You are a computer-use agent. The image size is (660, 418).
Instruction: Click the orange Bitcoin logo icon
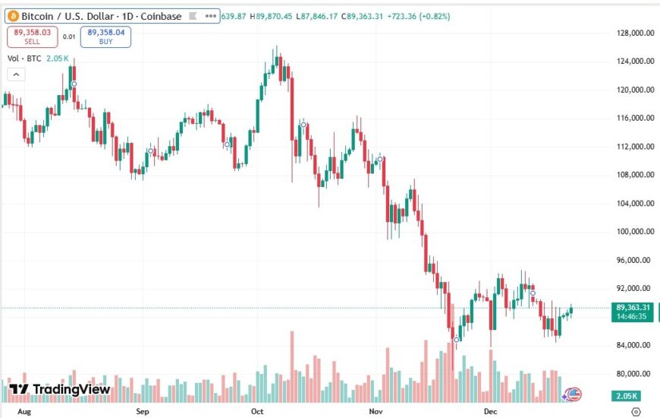coord(13,15)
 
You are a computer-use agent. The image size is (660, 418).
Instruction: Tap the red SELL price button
coord(32,36)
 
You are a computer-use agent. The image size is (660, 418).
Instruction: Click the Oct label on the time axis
coord(256,410)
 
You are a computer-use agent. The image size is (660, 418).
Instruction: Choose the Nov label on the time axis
coord(375,410)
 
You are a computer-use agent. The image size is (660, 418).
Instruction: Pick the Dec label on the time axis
coord(489,410)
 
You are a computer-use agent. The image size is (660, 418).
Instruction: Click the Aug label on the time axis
coord(24,410)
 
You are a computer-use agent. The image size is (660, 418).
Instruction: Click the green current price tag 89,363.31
coord(633,307)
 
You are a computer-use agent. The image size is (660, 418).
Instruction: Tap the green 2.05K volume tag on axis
coord(627,396)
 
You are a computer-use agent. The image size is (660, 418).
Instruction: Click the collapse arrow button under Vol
coord(15,74)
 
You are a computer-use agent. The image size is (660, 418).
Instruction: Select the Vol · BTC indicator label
coord(23,59)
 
